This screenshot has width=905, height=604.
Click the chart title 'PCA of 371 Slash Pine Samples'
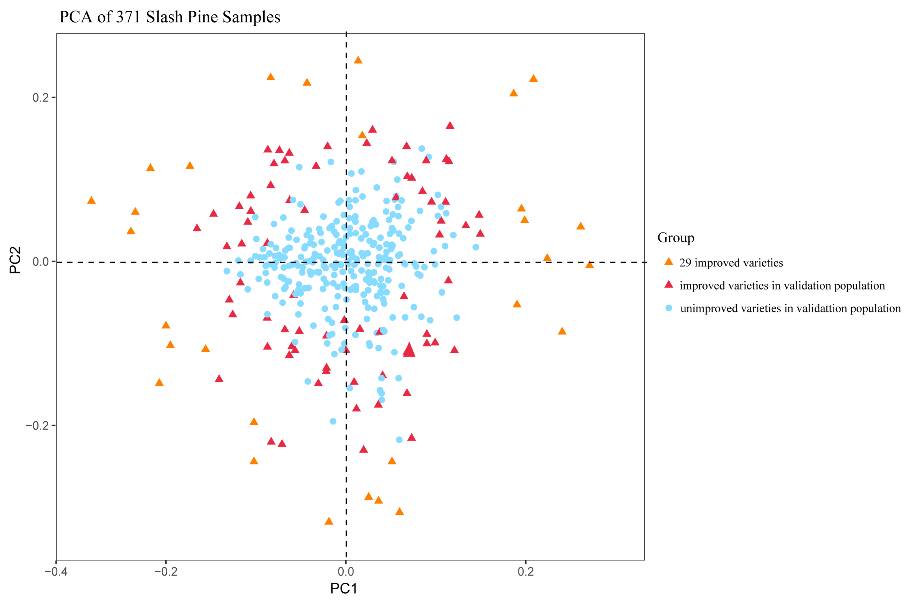[169, 17]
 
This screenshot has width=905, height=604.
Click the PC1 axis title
[343, 588]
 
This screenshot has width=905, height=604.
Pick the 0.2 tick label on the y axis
[40, 97]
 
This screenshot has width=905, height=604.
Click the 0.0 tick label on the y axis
[40, 262]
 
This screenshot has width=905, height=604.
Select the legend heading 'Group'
[675, 238]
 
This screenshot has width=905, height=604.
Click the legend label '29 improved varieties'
[731, 263]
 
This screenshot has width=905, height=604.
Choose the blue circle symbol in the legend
[669, 308]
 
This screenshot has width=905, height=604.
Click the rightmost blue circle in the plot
[476, 247]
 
